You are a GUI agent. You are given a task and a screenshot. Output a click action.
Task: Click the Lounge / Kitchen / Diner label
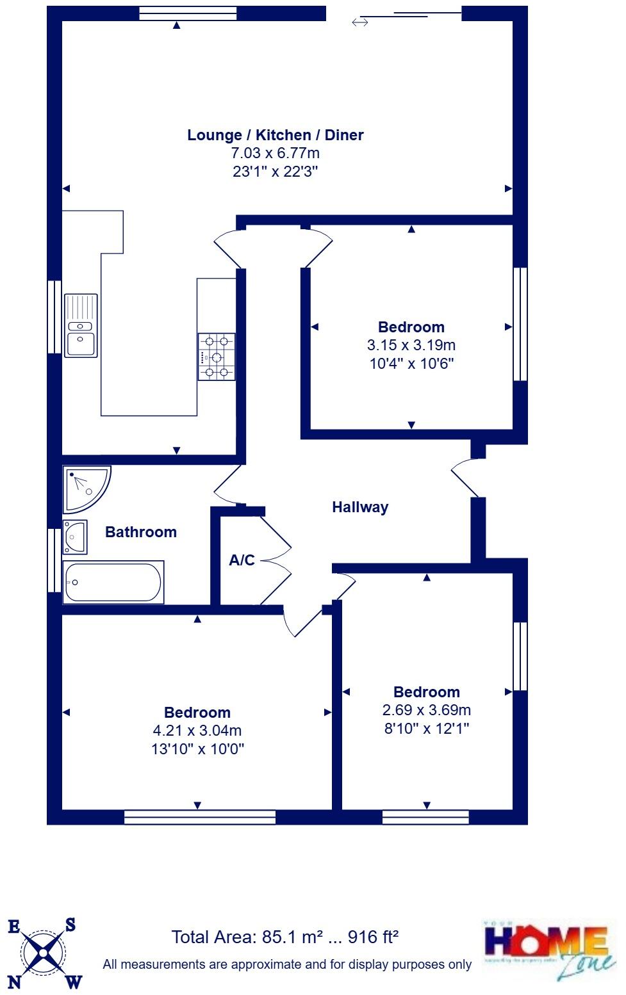pos(275,135)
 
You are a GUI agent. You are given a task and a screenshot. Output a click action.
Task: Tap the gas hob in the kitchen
pos(217,357)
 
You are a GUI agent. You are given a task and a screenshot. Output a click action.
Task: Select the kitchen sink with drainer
pos(81,325)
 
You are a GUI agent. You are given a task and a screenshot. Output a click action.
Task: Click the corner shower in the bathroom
pos(85,489)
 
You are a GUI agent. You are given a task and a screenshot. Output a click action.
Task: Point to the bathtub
pos(113,582)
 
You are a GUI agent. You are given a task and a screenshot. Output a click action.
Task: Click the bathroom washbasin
pos(75,537)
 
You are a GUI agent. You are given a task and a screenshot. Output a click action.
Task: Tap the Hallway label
pos(360,507)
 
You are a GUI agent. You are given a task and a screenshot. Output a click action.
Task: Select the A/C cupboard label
pos(242,560)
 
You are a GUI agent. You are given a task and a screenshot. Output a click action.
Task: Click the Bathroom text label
pos(141,532)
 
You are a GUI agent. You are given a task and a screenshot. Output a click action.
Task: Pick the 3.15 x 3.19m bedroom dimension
pos(411,346)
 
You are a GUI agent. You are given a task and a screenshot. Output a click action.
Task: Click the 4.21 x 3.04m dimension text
pos(197,731)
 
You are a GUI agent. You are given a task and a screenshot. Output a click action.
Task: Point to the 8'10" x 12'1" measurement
pos(426,729)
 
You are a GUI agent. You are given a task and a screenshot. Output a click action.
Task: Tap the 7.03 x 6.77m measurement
pos(275,153)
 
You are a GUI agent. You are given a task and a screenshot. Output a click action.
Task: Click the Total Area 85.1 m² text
pos(284,937)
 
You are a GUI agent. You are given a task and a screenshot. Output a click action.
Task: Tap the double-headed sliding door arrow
pos(360,23)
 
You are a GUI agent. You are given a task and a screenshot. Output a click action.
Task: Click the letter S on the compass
pos(70,925)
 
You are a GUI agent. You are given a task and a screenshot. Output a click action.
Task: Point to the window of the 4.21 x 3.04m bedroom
pos(199,817)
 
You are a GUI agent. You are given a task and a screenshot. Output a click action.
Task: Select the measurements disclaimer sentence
pos(287,964)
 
